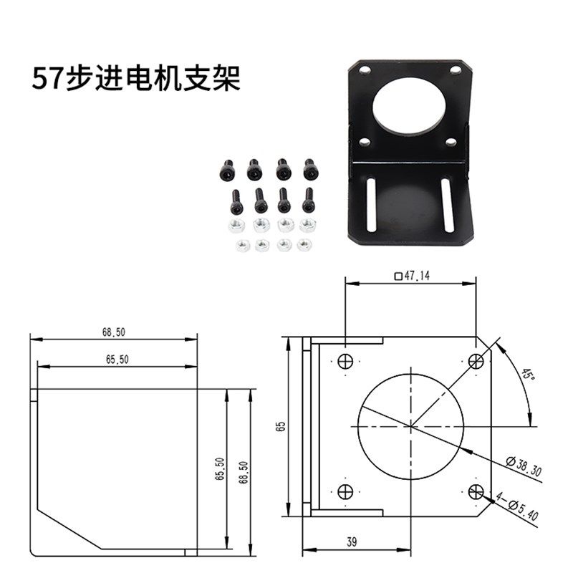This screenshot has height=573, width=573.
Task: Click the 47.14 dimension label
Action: pos(412,276)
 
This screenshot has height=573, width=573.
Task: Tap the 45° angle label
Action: pos(528,374)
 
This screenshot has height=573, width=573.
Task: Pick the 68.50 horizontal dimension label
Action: pos(113,332)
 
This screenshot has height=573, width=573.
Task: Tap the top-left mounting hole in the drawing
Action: pos(345,361)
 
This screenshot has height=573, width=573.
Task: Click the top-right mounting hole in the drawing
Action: pos(475,361)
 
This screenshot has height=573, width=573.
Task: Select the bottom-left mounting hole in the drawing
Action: pos(345,491)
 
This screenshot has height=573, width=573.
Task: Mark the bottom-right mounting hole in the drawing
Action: pos(475,491)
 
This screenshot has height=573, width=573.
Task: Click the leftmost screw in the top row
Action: pos(226,170)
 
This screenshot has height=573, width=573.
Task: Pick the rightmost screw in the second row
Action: pos(308,201)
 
